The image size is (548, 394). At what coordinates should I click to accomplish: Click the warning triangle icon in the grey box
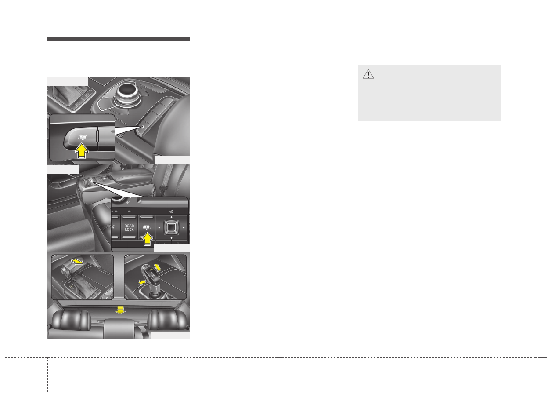[368, 75]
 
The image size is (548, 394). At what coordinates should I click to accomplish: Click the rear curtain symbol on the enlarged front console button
[82, 137]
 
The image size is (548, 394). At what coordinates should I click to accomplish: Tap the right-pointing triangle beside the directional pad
[183, 228]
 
